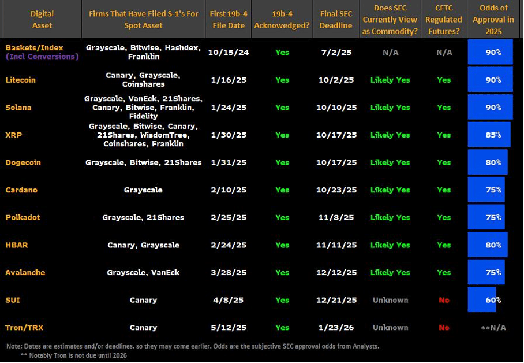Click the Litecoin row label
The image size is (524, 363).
21,80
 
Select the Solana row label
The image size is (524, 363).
18,108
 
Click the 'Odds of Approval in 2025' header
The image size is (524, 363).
493,20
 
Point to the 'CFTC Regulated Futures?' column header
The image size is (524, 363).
444,20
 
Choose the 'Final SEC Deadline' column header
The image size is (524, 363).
336,20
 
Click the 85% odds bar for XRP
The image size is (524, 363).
489,135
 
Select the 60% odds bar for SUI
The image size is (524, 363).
482,300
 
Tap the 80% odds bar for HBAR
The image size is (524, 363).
488,245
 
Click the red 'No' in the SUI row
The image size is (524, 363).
444,300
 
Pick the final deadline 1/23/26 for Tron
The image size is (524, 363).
336,328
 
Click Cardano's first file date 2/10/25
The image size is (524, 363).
228,190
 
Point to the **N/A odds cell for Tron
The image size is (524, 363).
493,328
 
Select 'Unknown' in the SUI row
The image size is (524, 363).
390,300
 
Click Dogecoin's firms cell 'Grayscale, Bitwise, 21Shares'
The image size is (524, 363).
143,162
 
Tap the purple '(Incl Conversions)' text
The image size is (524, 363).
42,57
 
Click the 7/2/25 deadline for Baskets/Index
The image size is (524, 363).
336,53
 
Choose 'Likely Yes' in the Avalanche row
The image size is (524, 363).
390,272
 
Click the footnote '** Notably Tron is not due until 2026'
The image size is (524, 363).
73,355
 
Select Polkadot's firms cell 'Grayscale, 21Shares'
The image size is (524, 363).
143,217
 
